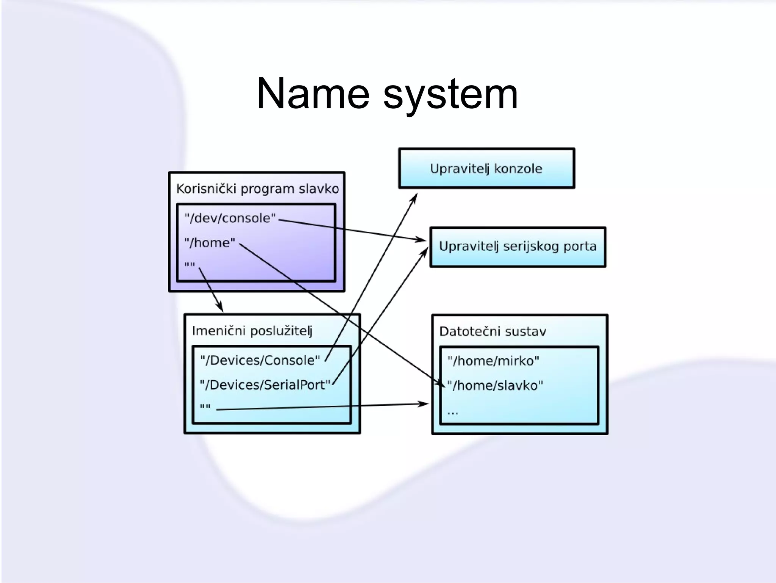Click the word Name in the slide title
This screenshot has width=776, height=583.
pyautogui.click(x=313, y=94)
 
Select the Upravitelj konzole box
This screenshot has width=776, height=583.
pyautogui.click(x=486, y=169)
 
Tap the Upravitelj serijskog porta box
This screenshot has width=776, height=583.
pyautogui.click(x=518, y=247)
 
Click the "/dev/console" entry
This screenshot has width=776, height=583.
pyautogui.click(x=230, y=218)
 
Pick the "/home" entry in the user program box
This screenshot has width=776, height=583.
pyautogui.click(x=210, y=242)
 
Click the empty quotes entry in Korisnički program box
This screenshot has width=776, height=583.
pyautogui.click(x=189, y=265)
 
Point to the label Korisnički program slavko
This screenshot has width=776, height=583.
pyautogui.click(x=257, y=189)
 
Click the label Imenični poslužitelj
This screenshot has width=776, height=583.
pyautogui.click(x=252, y=331)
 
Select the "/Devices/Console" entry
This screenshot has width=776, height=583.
pyautogui.click(x=260, y=360)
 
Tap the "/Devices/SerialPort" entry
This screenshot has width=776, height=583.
pyautogui.click(x=265, y=385)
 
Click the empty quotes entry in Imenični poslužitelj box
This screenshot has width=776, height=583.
pyautogui.click(x=205, y=407)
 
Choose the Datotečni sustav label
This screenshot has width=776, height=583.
pyautogui.click(x=493, y=331)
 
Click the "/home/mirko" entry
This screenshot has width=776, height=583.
pyautogui.click(x=493, y=361)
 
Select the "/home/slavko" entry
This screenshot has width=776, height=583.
pyautogui.click(x=495, y=385)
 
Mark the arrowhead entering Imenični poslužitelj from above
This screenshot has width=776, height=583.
pyautogui.click(x=220, y=308)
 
